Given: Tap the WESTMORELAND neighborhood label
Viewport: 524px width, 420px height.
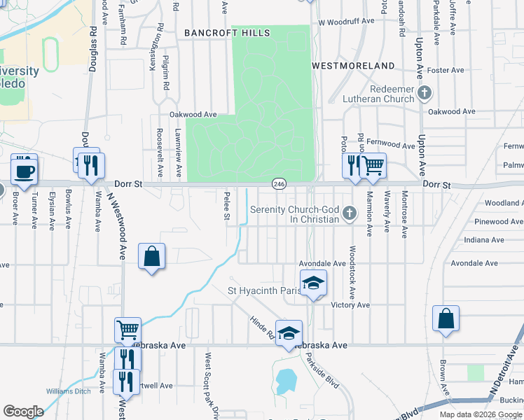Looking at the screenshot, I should (x=352, y=65).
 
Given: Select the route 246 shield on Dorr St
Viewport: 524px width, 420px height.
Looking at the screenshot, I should (x=279, y=183).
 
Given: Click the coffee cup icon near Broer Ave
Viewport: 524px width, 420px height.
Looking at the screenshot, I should (x=24, y=170).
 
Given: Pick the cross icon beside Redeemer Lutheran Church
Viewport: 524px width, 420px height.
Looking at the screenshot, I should (x=424, y=92).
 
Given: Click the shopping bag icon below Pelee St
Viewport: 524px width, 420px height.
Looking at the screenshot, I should (x=152, y=256).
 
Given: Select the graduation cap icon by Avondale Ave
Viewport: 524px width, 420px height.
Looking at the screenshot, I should (x=313, y=283).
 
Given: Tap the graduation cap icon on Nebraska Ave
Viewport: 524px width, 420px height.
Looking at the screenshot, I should (x=288, y=333).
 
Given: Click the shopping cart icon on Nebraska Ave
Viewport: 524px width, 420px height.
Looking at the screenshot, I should (x=128, y=330).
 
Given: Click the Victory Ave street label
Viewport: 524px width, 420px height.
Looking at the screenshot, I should (x=350, y=305).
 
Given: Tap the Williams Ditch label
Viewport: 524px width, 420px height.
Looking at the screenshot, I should (x=68, y=391).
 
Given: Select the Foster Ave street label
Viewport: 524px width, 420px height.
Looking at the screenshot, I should (x=446, y=70).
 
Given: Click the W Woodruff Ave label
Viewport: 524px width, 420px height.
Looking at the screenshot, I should (x=345, y=22).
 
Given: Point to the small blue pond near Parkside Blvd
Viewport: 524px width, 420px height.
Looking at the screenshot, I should (x=286, y=381).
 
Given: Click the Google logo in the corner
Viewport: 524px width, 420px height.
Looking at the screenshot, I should (x=23, y=412).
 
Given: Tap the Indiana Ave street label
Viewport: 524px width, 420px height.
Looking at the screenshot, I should (x=484, y=239).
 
